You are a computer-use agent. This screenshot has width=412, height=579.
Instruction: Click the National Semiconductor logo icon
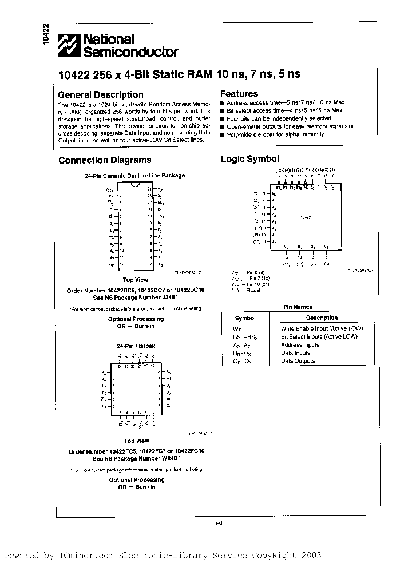69,46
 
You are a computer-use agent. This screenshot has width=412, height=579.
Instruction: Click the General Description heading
101,94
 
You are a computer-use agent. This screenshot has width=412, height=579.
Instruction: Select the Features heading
239,94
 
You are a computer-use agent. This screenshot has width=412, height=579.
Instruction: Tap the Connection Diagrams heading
105,160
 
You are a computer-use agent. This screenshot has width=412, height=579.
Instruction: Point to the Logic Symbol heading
249,160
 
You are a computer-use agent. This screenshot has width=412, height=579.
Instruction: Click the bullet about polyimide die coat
275,134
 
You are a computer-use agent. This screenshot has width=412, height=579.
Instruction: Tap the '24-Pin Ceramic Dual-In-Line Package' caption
135,176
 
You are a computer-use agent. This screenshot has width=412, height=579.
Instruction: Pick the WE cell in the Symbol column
237,329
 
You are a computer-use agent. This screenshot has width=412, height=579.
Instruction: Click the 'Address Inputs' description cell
300,345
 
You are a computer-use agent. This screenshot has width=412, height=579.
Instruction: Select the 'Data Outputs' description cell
298,361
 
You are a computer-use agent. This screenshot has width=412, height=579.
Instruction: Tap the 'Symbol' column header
245,318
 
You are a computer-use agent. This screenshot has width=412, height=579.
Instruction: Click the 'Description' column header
322,318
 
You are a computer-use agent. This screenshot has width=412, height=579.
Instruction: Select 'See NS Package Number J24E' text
136,298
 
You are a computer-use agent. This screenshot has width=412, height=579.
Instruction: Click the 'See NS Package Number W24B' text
136,458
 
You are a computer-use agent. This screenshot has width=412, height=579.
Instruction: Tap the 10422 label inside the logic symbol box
306,217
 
